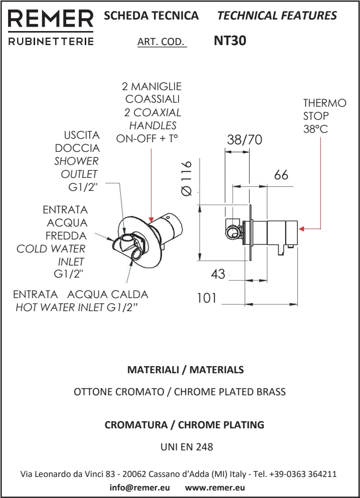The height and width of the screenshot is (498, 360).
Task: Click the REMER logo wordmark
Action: [x=51, y=20]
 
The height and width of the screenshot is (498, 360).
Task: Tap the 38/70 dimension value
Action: [x=244, y=140]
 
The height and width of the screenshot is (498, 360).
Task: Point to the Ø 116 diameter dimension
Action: [x=186, y=178]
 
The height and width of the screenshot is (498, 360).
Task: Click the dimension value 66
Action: [x=281, y=175]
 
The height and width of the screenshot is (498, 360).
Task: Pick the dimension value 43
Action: [x=218, y=274]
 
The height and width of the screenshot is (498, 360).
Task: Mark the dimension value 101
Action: [x=207, y=298]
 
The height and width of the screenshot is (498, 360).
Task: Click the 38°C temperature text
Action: [x=315, y=129]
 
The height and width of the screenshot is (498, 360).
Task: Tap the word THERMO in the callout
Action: [x=324, y=103]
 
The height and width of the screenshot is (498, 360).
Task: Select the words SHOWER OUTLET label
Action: [x=76, y=168]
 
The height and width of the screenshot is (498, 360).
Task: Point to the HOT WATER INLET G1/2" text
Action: [x=77, y=308]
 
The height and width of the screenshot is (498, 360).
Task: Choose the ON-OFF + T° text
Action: [x=147, y=139]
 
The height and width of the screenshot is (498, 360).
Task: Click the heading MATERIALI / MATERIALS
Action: [x=186, y=370]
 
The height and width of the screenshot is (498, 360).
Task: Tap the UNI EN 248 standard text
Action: [x=186, y=447]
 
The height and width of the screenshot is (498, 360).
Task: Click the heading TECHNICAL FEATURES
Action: [x=277, y=16]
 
